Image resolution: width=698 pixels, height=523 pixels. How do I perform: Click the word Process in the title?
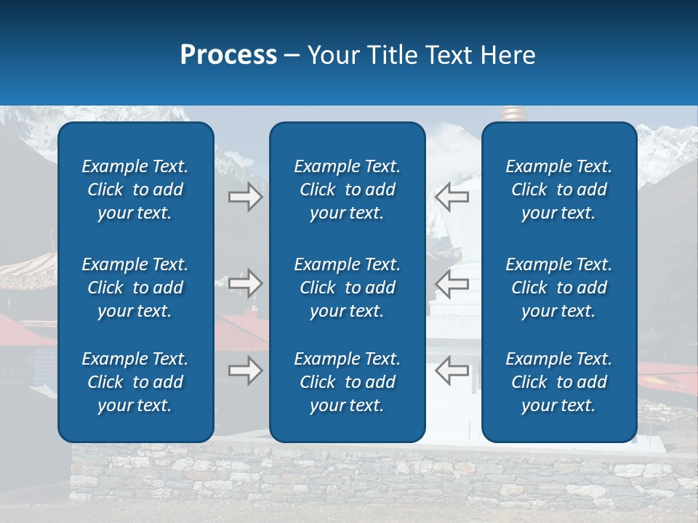point(228,55)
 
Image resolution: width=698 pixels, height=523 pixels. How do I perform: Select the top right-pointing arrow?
point(245,197)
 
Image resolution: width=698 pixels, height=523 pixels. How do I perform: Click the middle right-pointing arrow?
point(245,283)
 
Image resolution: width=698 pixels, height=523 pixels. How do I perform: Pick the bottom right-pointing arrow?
point(245,370)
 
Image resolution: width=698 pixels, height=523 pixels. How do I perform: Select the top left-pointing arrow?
point(452,197)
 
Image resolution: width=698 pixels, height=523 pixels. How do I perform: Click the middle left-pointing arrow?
point(452,283)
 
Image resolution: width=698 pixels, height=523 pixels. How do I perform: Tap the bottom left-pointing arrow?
point(452,370)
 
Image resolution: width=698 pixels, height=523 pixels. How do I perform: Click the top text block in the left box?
point(135,190)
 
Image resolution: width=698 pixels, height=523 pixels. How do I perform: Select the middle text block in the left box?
point(135,288)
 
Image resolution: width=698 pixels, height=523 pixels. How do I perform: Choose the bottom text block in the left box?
point(135,382)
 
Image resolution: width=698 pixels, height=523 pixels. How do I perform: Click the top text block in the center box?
point(347,190)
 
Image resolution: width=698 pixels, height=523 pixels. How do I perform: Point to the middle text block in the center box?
point(347,288)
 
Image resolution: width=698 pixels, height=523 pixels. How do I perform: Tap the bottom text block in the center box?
point(347,382)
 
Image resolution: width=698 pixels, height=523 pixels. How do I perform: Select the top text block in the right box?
point(558,190)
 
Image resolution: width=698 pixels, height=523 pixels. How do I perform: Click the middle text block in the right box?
point(558,288)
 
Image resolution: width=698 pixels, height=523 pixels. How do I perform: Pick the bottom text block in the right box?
point(558,382)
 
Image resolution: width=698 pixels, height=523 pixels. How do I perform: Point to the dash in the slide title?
point(292,56)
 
